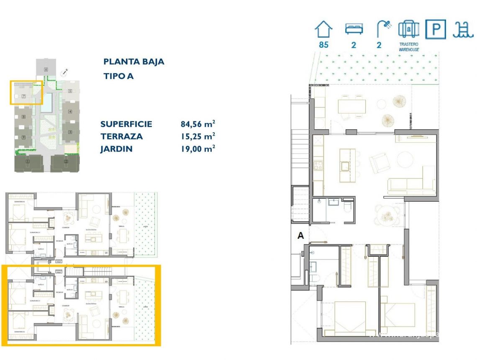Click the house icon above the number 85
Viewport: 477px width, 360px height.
pyautogui.click(x=323, y=30)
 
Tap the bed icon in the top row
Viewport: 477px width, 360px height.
pyautogui.click(x=354, y=29)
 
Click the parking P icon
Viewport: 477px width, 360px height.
pyautogui.click(x=436, y=30)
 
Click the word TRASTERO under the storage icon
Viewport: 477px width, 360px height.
pyautogui.click(x=409, y=44)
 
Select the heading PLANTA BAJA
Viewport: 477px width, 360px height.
pyautogui.click(x=133, y=62)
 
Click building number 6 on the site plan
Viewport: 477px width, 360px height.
pyautogui.click(x=45, y=69)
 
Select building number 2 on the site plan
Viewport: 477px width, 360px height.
pyautogui.click(x=66, y=162)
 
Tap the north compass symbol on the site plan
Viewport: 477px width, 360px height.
pyautogui.click(x=64, y=73)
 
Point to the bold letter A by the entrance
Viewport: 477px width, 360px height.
pyautogui.click(x=300, y=236)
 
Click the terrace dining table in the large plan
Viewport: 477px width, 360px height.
pyautogui.click(x=352, y=106)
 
